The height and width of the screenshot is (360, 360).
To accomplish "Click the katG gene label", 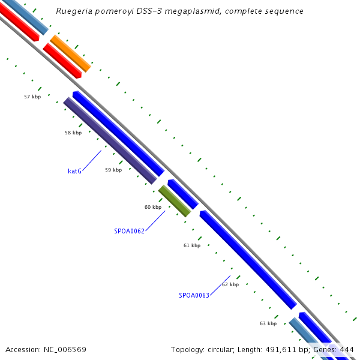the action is pos(74,171).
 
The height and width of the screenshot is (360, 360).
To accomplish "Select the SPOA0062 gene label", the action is pos(129,230).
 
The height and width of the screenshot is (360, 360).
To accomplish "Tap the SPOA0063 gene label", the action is pos(194,295).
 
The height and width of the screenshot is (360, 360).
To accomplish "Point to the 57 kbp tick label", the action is pos(32,97).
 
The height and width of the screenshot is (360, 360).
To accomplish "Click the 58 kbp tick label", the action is pos(73,133).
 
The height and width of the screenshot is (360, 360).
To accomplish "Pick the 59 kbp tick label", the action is pos(113,170).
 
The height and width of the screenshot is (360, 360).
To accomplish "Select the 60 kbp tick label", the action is pos(153,207).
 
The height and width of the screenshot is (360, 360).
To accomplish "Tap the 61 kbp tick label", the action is pos(192,245).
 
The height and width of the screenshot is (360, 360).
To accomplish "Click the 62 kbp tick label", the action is pos(230,284).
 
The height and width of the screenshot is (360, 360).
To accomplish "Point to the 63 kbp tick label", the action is pos(268,323).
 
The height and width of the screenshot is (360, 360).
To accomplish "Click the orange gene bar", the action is pos(70,53).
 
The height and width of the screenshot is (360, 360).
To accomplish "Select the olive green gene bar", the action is pos(175,201).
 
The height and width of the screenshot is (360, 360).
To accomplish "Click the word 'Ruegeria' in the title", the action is pos(73,11).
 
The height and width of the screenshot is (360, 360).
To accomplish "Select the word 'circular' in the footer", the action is pos(224,349).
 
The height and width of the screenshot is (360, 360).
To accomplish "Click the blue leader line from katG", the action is pos(92,160).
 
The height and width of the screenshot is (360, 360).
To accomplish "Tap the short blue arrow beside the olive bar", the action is pos(182,193).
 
